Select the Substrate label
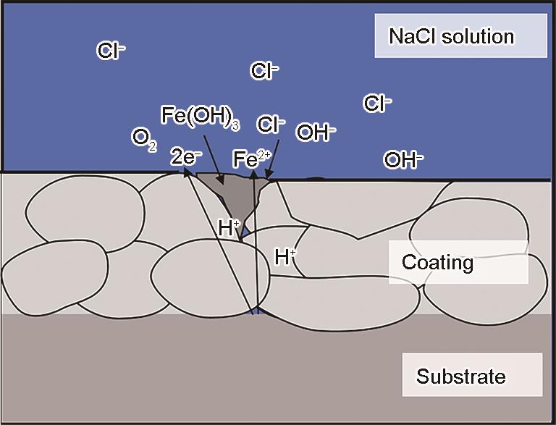tap(460, 376)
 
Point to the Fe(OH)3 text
tap(199, 117)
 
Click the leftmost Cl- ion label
tap(111, 51)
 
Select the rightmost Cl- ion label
tap(377, 104)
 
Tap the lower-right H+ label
tap(285, 255)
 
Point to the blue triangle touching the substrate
tap(254, 311)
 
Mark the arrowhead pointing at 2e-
tap(188, 173)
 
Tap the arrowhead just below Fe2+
tap(253, 174)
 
